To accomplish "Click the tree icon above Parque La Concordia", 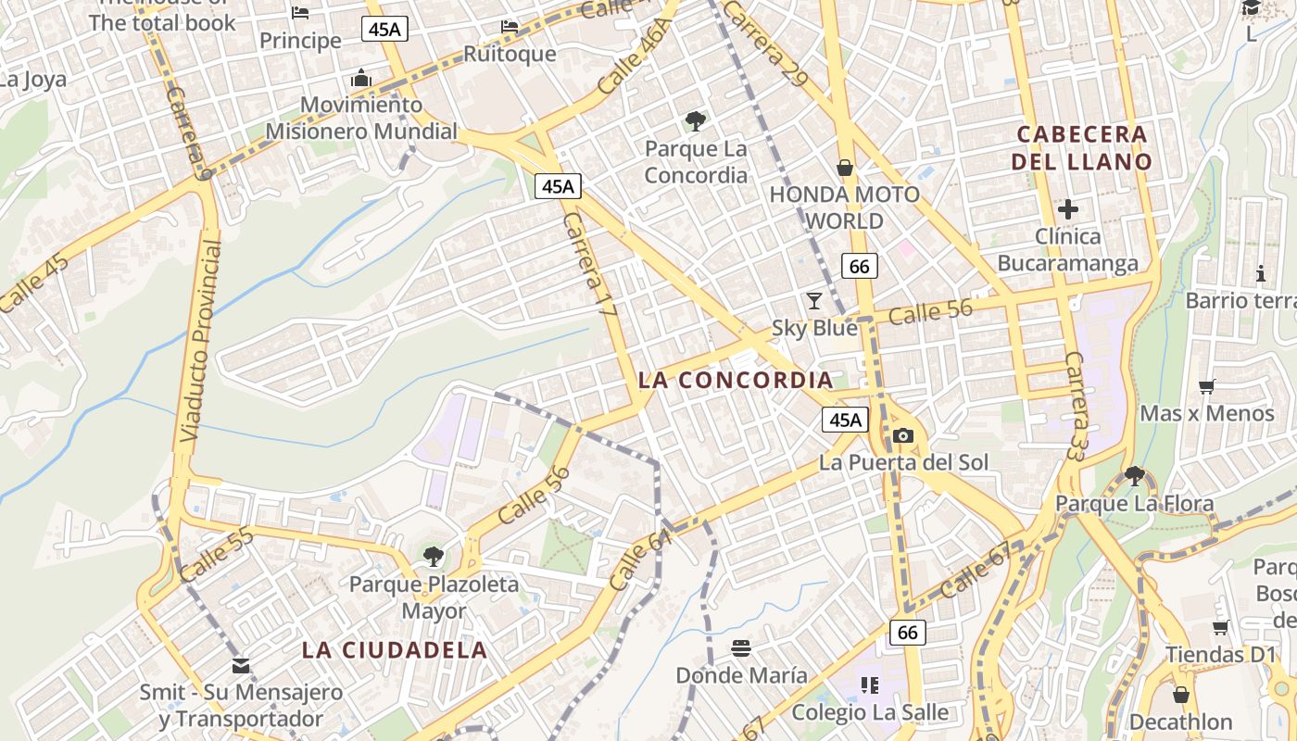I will (695, 121).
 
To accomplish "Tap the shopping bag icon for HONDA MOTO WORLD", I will (845, 168).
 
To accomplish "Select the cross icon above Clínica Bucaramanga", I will (1068, 209).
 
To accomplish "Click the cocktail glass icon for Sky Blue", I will (814, 300).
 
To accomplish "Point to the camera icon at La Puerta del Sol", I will (902, 435).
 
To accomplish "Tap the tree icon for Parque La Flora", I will (1134, 476).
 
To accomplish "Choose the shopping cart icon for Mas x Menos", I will (1206, 386).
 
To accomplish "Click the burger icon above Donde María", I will (740, 647).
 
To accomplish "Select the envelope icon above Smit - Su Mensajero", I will (241, 665).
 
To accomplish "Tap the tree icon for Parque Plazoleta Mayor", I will (433, 557).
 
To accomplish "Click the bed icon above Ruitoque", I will (510, 26).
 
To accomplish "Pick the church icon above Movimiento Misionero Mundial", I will (361, 78).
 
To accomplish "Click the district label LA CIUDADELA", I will (395, 650).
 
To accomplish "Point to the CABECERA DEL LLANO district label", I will (1082, 148).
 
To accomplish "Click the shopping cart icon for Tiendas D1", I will (1221, 627).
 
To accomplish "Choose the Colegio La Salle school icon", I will (869, 685).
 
